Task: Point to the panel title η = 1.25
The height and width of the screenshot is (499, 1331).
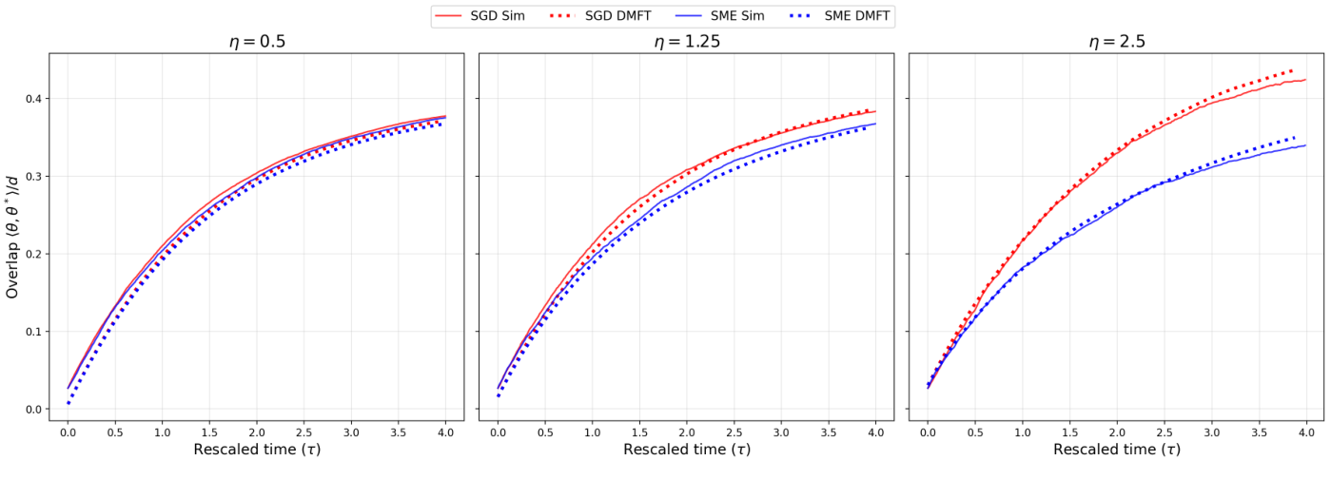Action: coord(685,42)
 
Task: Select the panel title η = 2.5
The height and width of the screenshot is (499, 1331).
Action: coord(1116,42)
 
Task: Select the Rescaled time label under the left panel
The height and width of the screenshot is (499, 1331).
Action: coord(256,450)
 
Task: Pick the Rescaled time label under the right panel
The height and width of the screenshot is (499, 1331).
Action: coord(1116,450)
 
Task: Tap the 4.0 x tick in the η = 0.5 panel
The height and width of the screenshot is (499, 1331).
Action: coord(445,432)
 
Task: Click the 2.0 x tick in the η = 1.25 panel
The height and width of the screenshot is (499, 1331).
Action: coord(686,432)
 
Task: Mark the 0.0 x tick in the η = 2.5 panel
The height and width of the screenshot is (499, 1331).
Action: coord(928,432)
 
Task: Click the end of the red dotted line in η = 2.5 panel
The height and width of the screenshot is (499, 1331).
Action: coord(1292,70)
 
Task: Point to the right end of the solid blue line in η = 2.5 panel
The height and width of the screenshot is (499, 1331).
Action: coord(1305,145)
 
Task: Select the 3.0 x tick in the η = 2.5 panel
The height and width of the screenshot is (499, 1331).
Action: coord(1211,432)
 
